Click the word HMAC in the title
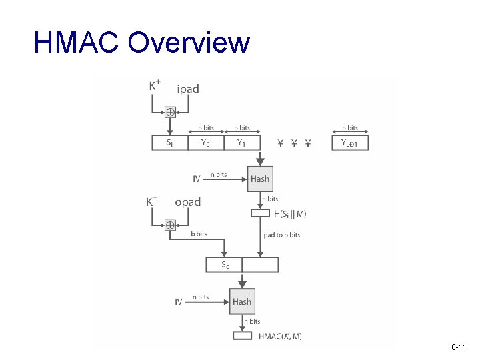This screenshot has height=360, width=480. point(75,43)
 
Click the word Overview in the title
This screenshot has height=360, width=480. point(189,43)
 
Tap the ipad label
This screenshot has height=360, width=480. point(188,88)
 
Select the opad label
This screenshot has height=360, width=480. point(187,201)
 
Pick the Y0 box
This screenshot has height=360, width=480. point(205,143)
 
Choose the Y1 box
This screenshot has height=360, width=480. point(241,143)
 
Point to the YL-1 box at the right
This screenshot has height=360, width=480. point(350,143)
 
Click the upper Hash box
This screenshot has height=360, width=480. point(259,179)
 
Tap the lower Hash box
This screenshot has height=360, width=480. point(241,301)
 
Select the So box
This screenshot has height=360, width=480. point(225,265)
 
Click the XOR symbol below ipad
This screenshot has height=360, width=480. point(170,113)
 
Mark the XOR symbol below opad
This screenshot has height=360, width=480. point(170,225)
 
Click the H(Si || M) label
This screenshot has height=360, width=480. point(290,213)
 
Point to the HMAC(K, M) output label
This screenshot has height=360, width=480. point(279,337)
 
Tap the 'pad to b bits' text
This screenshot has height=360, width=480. point(281,235)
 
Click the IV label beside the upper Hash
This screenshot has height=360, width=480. point(197,179)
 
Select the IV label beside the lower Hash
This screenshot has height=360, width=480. point(179,301)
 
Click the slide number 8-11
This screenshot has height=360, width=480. point(458,348)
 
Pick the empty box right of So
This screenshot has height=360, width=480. point(260,265)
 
